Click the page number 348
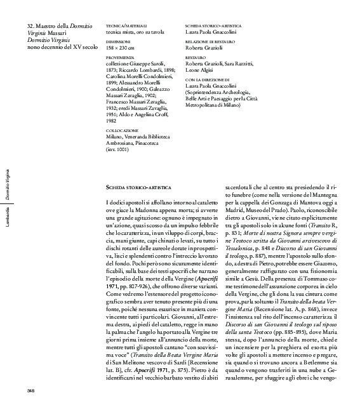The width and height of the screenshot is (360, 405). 30,389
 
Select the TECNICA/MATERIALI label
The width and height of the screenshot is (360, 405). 121,23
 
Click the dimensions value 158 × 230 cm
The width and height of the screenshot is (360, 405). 119,47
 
